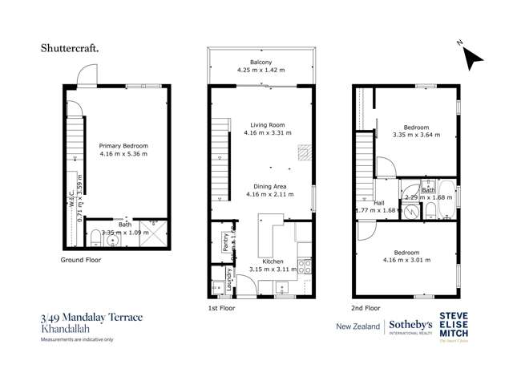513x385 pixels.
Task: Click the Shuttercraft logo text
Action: (71, 48)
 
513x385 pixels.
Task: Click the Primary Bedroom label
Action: (123, 145)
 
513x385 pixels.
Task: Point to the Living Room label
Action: (261, 125)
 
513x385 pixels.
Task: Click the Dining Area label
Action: (261, 185)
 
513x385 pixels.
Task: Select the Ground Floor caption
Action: (81, 261)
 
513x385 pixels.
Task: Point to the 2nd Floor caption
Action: (365, 306)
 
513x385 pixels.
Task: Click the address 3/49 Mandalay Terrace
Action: (92, 318)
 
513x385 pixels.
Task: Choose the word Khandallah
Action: (64, 329)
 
